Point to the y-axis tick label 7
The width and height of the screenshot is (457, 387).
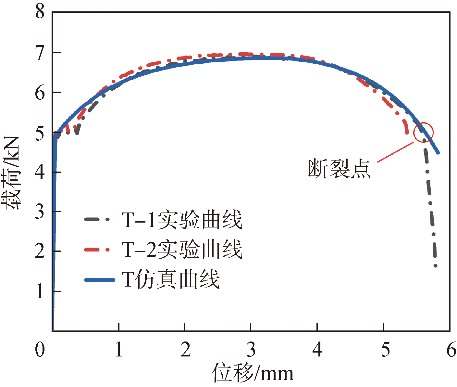[x=40, y=53]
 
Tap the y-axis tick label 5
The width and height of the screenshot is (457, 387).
[x=40, y=133]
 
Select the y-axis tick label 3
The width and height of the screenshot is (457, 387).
[x=40, y=212]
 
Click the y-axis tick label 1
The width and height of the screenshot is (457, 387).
[x=40, y=291]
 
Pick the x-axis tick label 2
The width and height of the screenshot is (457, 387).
[x=185, y=350]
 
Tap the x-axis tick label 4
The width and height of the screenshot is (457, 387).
[x=318, y=350]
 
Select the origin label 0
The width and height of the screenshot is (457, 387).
[x=40, y=350]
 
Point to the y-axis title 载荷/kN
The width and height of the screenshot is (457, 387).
[x=12, y=172]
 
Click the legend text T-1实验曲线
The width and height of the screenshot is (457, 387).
[x=182, y=220]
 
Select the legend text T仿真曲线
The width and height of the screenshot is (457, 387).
[x=171, y=279]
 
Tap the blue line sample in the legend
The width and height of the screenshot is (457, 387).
[x=99, y=280]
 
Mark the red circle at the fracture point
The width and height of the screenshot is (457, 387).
[x=424, y=132]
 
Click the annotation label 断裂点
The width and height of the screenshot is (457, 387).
[x=339, y=168]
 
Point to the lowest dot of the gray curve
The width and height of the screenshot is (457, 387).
[x=436, y=266]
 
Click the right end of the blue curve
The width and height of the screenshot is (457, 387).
[x=438, y=152]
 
